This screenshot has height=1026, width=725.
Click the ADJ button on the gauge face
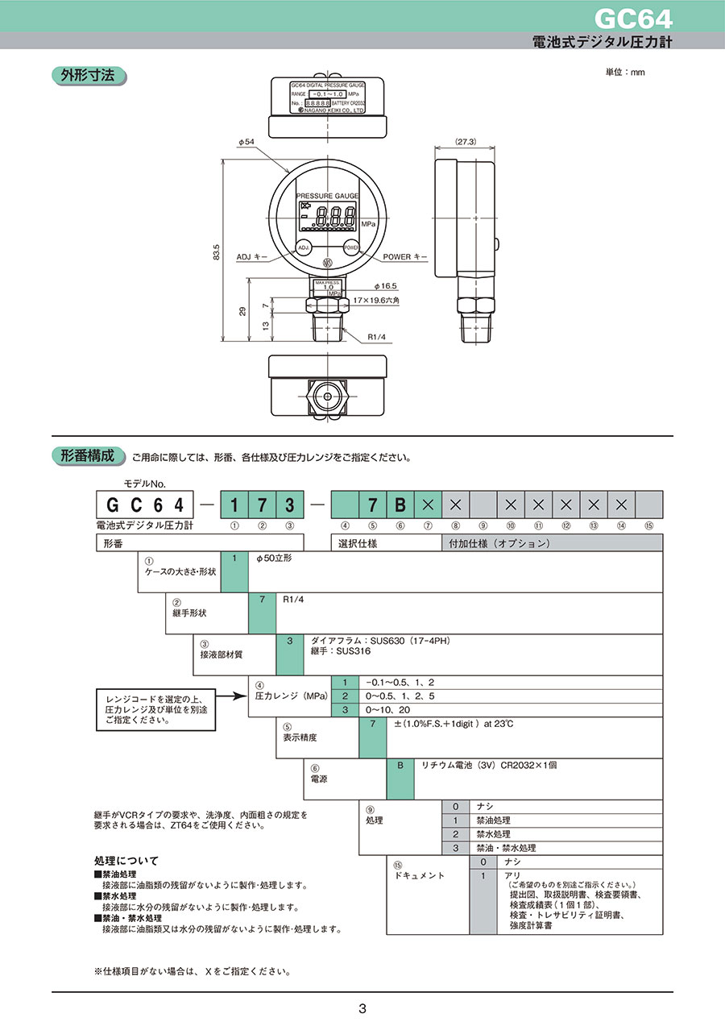(304, 247)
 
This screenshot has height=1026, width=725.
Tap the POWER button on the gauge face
(351, 247)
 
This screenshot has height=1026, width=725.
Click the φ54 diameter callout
(246, 142)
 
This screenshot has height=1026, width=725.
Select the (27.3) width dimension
(466, 141)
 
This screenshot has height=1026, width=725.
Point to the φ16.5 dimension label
(386, 286)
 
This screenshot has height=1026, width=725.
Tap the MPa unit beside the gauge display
(368, 223)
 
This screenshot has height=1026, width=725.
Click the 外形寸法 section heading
(88, 77)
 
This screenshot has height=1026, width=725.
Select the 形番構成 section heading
(88, 455)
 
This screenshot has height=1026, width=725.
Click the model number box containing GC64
(146, 505)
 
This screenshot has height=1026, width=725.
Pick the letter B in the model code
(400, 505)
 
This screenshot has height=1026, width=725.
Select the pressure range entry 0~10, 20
(387, 709)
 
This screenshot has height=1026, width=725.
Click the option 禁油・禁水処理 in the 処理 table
(506, 848)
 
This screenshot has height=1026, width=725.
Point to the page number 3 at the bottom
(362, 1008)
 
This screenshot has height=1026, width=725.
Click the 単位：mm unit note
(625, 73)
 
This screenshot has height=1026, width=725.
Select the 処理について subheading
(126, 861)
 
